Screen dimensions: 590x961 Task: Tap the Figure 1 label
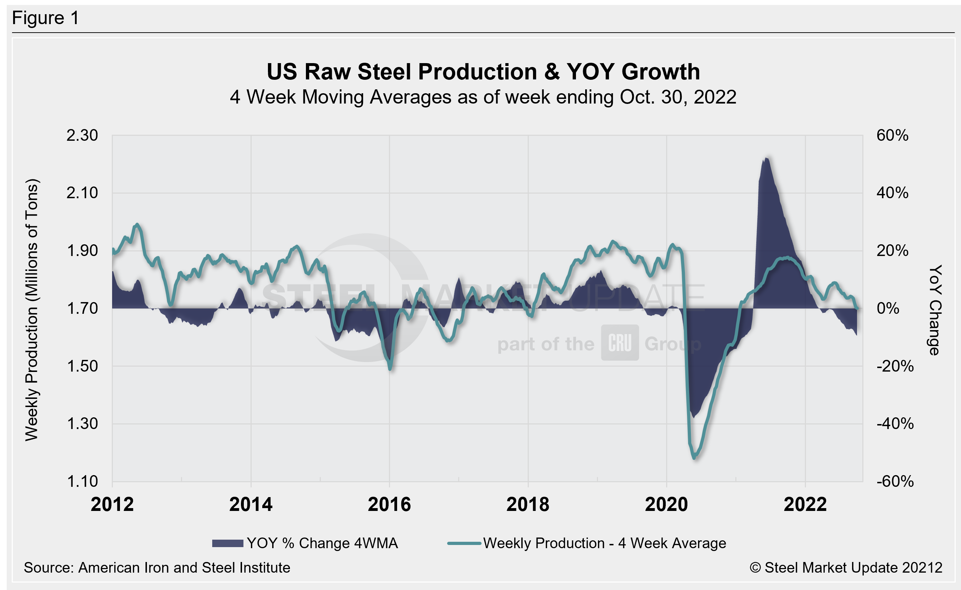click(x=45, y=18)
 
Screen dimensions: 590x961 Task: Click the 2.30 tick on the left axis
click(x=82, y=135)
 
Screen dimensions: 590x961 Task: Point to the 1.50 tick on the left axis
click(x=82, y=366)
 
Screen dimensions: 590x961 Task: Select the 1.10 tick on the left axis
click(x=82, y=481)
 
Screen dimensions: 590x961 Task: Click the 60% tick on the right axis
click(x=892, y=135)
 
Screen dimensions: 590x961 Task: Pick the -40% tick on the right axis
click(x=895, y=423)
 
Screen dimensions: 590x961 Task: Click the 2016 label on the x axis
click(x=389, y=504)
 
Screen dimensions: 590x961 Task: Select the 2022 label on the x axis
click(x=805, y=504)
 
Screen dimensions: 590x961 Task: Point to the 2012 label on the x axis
click(x=112, y=504)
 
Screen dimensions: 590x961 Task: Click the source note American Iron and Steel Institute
click(x=157, y=567)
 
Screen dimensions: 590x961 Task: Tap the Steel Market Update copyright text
click(x=845, y=567)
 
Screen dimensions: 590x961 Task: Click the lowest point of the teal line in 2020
click(x=694, y=458)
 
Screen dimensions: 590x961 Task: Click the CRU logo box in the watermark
click(x=620, y=343)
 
